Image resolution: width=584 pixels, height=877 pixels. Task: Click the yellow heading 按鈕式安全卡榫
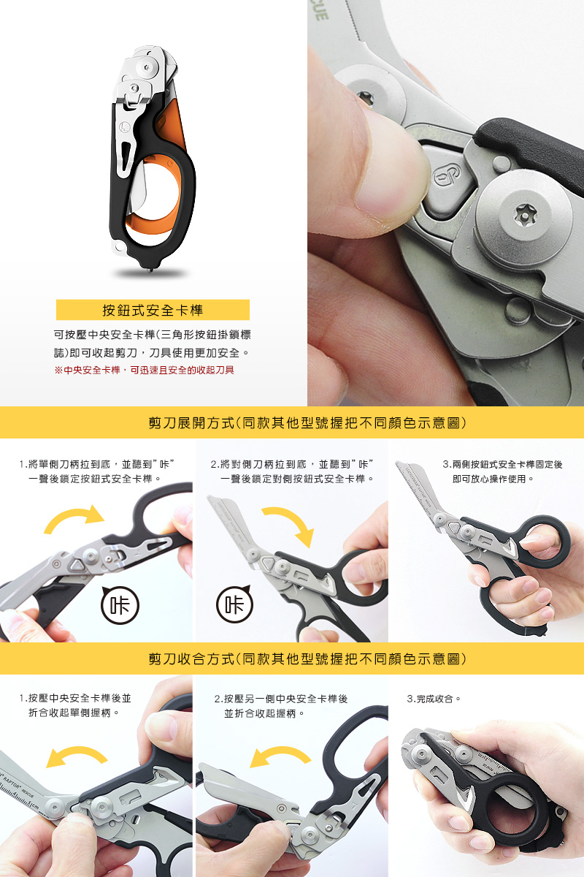(x=153, y=310)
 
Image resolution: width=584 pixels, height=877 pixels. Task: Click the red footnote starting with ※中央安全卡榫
(x=144, y=370)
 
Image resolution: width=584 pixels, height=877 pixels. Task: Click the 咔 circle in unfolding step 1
(x=120, y=605)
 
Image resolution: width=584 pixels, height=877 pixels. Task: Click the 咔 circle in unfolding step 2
(x=235, y=604)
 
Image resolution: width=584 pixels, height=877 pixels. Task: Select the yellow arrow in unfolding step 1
(x=74, y=516)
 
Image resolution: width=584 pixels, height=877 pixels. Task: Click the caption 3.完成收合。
(x=434, y=699)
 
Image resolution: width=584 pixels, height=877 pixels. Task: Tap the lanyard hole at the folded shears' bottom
(x=120, y=247)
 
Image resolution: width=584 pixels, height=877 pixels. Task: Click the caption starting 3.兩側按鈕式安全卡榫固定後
(x=503, y=471)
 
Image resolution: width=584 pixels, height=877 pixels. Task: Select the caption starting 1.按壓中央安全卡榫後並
(x=75, y=705)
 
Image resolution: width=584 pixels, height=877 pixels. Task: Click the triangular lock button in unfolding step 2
(x=269, y=563)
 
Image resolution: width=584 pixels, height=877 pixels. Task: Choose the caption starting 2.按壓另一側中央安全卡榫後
(x=281, y=706)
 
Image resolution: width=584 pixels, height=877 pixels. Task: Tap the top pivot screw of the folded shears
(x=147, y=67)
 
